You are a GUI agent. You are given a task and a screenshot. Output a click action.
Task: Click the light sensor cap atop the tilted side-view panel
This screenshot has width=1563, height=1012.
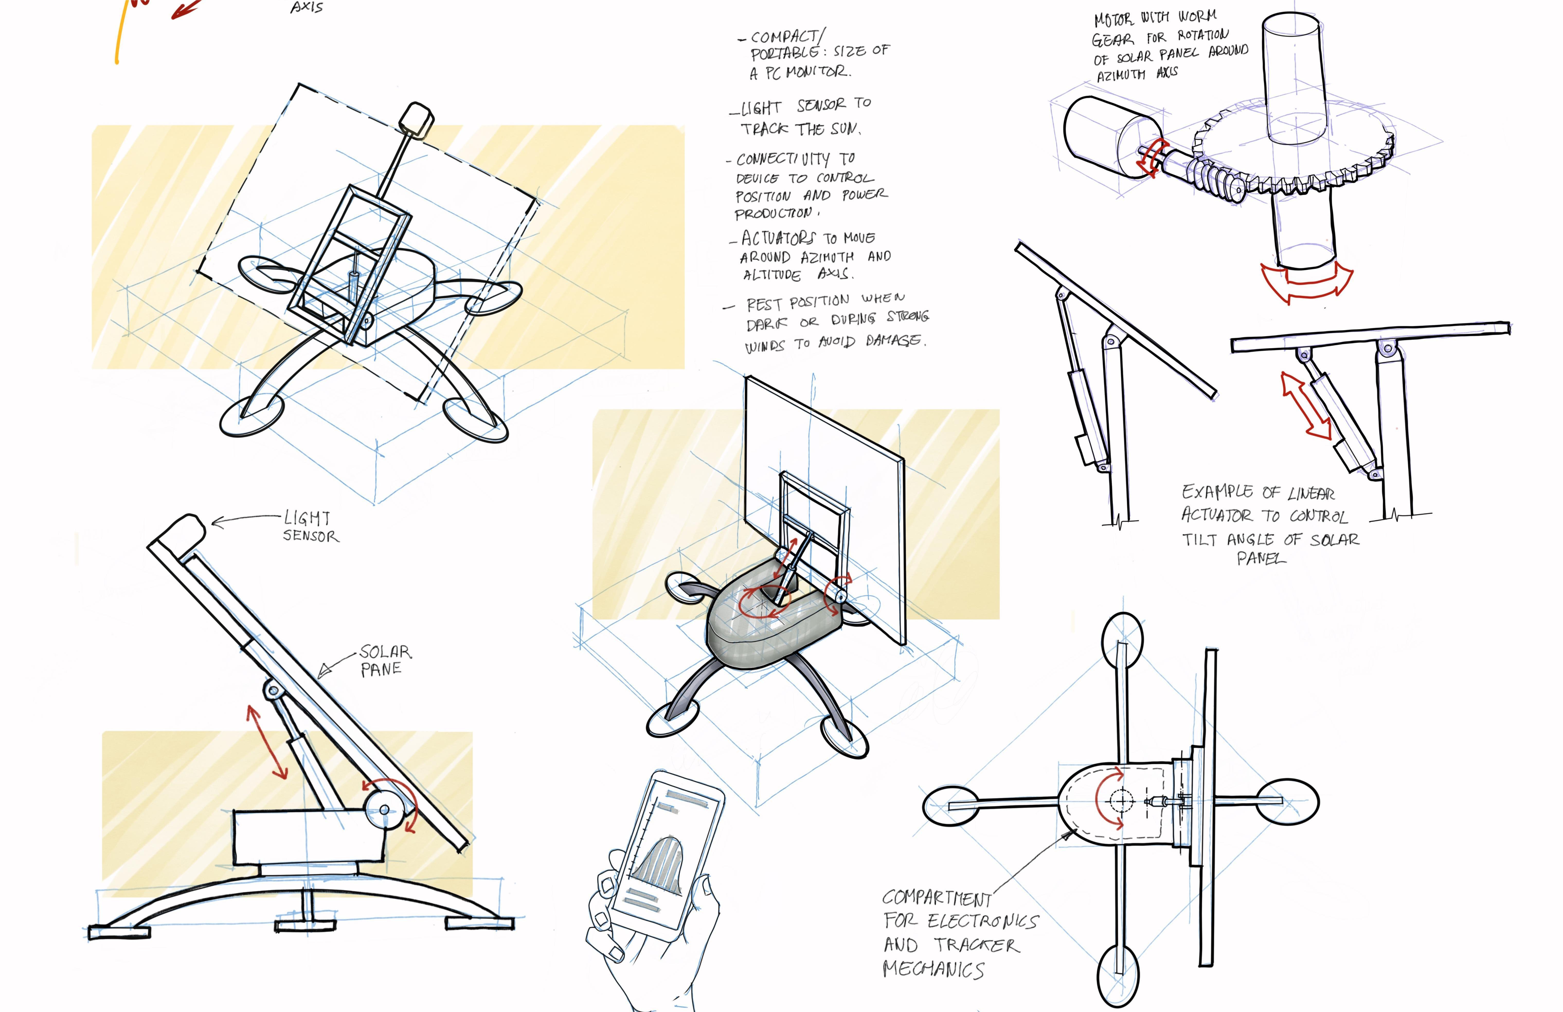187,527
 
